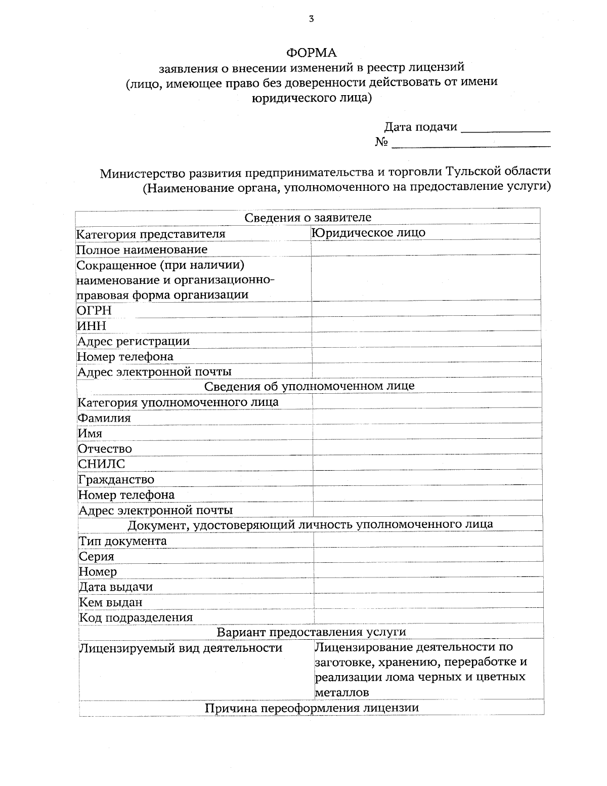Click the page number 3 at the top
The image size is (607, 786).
(311, 20)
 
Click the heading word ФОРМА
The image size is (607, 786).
(311, 53)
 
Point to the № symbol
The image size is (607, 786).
(381, 142)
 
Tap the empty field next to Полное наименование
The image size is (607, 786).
(426, 249)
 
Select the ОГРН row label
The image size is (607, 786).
(94, 310)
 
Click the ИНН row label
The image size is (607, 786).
(92, 326)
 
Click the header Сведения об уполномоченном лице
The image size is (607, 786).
(309, 386)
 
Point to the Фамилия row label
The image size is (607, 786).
(104, 418)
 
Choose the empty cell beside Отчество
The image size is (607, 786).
(427, 448)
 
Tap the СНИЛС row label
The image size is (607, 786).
(102, 464)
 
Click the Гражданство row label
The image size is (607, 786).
(116, 480)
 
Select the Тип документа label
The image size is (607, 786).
(123, 541)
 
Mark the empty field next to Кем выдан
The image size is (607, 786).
(428, 602)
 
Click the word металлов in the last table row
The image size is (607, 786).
(341, 692)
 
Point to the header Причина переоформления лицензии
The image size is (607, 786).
(311, 708)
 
